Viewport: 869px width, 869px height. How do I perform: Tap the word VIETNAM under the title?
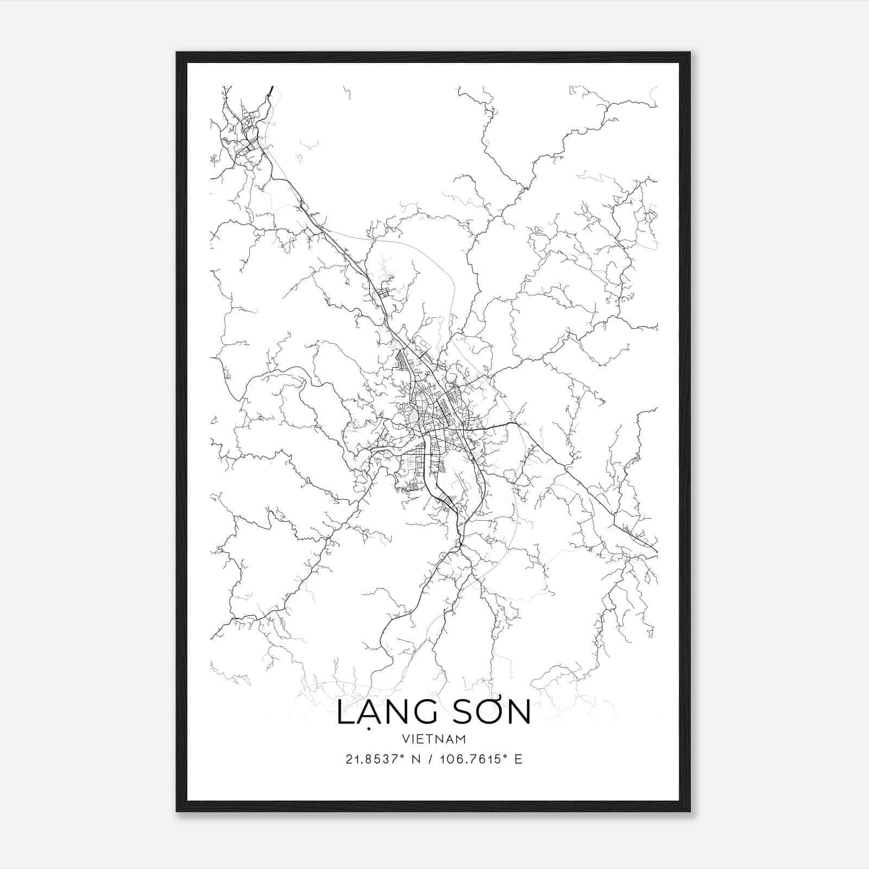tap(434, 739)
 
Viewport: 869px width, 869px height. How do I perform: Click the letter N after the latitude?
tap(417, 759)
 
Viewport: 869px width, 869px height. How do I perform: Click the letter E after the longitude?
tap(518, 759)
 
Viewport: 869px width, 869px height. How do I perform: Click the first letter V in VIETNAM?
tap(405, 739)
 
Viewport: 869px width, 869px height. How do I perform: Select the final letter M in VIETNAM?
tap(461, 739)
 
